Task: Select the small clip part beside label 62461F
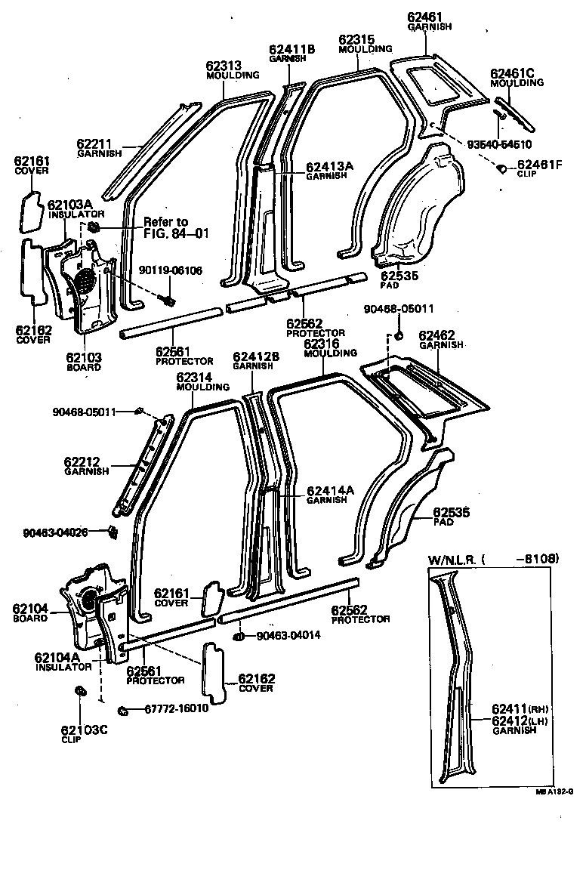click(x=501, y=168)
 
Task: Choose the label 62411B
click(x=291, y=48)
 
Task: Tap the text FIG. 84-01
click(x=176, y=233)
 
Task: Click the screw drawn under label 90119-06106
click(x=168, y=301)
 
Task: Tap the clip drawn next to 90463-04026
click(x=112, y=532)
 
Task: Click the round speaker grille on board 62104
click(x=88, y=598)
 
